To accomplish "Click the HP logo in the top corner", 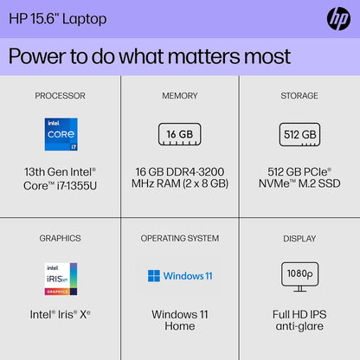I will click(338, 18).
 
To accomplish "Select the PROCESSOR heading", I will click(60, 95).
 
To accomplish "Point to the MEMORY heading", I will click(179, 95).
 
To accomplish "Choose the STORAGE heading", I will click(299, 95).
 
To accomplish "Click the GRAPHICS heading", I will click(60, 238).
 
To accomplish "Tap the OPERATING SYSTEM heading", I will click(179, 238).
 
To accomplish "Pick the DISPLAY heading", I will click(299, 238).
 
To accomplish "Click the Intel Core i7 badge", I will click(60, 134).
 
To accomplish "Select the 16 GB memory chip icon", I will click(179, 134).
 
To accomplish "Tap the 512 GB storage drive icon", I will click(299, 134).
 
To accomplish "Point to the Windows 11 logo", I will click(179, 276).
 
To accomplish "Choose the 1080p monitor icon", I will click(299, 275).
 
